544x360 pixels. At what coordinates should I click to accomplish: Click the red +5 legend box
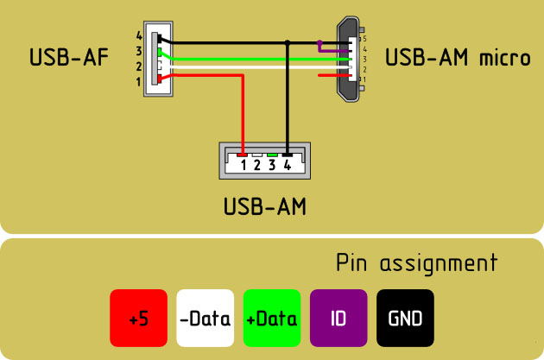137,319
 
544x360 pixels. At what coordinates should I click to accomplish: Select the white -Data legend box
204,319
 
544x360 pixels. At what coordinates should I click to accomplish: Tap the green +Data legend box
271,319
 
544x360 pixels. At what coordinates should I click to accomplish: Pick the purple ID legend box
338,319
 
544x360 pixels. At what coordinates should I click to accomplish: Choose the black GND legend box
405,319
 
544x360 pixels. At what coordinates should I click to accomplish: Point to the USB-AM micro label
458,59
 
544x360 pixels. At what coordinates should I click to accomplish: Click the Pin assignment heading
416,262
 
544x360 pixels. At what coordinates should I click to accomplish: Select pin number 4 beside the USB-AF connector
139,36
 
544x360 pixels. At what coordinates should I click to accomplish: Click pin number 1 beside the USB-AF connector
139,81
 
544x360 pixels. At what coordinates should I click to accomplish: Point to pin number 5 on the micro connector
364,39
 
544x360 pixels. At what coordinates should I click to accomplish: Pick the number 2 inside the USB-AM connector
257,164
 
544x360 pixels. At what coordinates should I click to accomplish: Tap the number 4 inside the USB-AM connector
287,164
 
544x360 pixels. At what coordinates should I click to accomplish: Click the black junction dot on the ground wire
288,41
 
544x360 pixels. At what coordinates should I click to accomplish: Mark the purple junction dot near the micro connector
320,42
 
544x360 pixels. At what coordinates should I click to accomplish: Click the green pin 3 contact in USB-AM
272,155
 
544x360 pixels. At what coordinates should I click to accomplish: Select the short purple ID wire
332,50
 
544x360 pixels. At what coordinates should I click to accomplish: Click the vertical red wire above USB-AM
244,112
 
